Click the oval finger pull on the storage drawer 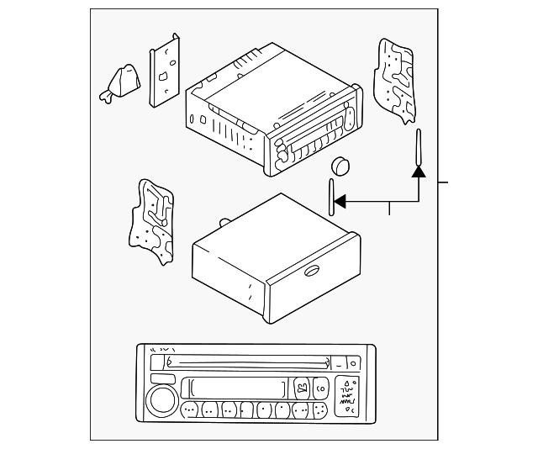(x=309, y=270)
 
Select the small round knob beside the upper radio (x=340, y=165)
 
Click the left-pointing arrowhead (x=340, y=202)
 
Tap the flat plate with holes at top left (x=165, y=71)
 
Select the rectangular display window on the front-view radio (x=235, y=388)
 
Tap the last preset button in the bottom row (x=319, y=410)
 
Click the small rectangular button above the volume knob (x=164, y=379)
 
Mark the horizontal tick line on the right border (x=445, y=182)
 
